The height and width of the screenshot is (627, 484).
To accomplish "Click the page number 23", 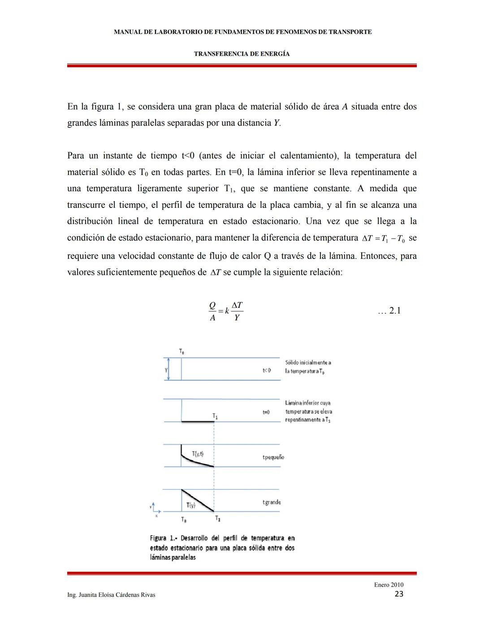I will pyautogui.click(x=399, y=594).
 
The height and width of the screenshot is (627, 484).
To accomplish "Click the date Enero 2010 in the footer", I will pyautogui.click(x=389, y=584).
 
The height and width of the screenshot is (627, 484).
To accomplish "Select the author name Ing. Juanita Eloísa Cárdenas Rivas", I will pyautogui.click(x=111, y=595).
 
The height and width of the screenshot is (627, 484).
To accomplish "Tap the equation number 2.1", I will pyautogui.click(x=389, y=311).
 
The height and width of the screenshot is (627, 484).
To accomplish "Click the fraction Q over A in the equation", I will pyautogui.click(x=212, y=311).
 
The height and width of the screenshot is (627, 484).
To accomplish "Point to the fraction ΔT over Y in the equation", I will pyautogui.click(x=237, y=311).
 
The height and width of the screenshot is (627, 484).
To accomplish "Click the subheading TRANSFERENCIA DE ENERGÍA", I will pyautogui.click(x=242, y=54).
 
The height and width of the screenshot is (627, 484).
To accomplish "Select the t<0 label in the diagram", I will pyautogui.click(x=267, y=370).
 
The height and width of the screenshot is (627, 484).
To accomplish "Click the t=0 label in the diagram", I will pyautogui.click(x=266, y=412).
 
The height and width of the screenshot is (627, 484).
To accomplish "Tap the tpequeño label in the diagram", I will pyautogui.click(x=273, y=457).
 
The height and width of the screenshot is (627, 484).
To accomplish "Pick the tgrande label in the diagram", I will pyautogui.click(x=272, y=502).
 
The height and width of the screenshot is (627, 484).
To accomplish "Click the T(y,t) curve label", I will pyautogui.click(x=198, y=454).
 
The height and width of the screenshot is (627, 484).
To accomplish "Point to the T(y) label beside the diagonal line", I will pyautogui.click(x=190, y=505).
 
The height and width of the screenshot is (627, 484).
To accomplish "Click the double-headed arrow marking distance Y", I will pyautogui.click(x=168, y=369).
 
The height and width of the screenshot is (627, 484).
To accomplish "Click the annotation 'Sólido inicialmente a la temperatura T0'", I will pyautogui.click(x=308, y=367).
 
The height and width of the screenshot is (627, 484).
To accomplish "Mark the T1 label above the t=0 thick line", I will pyautogui.click(x=216, y=416).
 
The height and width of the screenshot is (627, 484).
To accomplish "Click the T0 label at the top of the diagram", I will pyautogui.click(x=181, y=351).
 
